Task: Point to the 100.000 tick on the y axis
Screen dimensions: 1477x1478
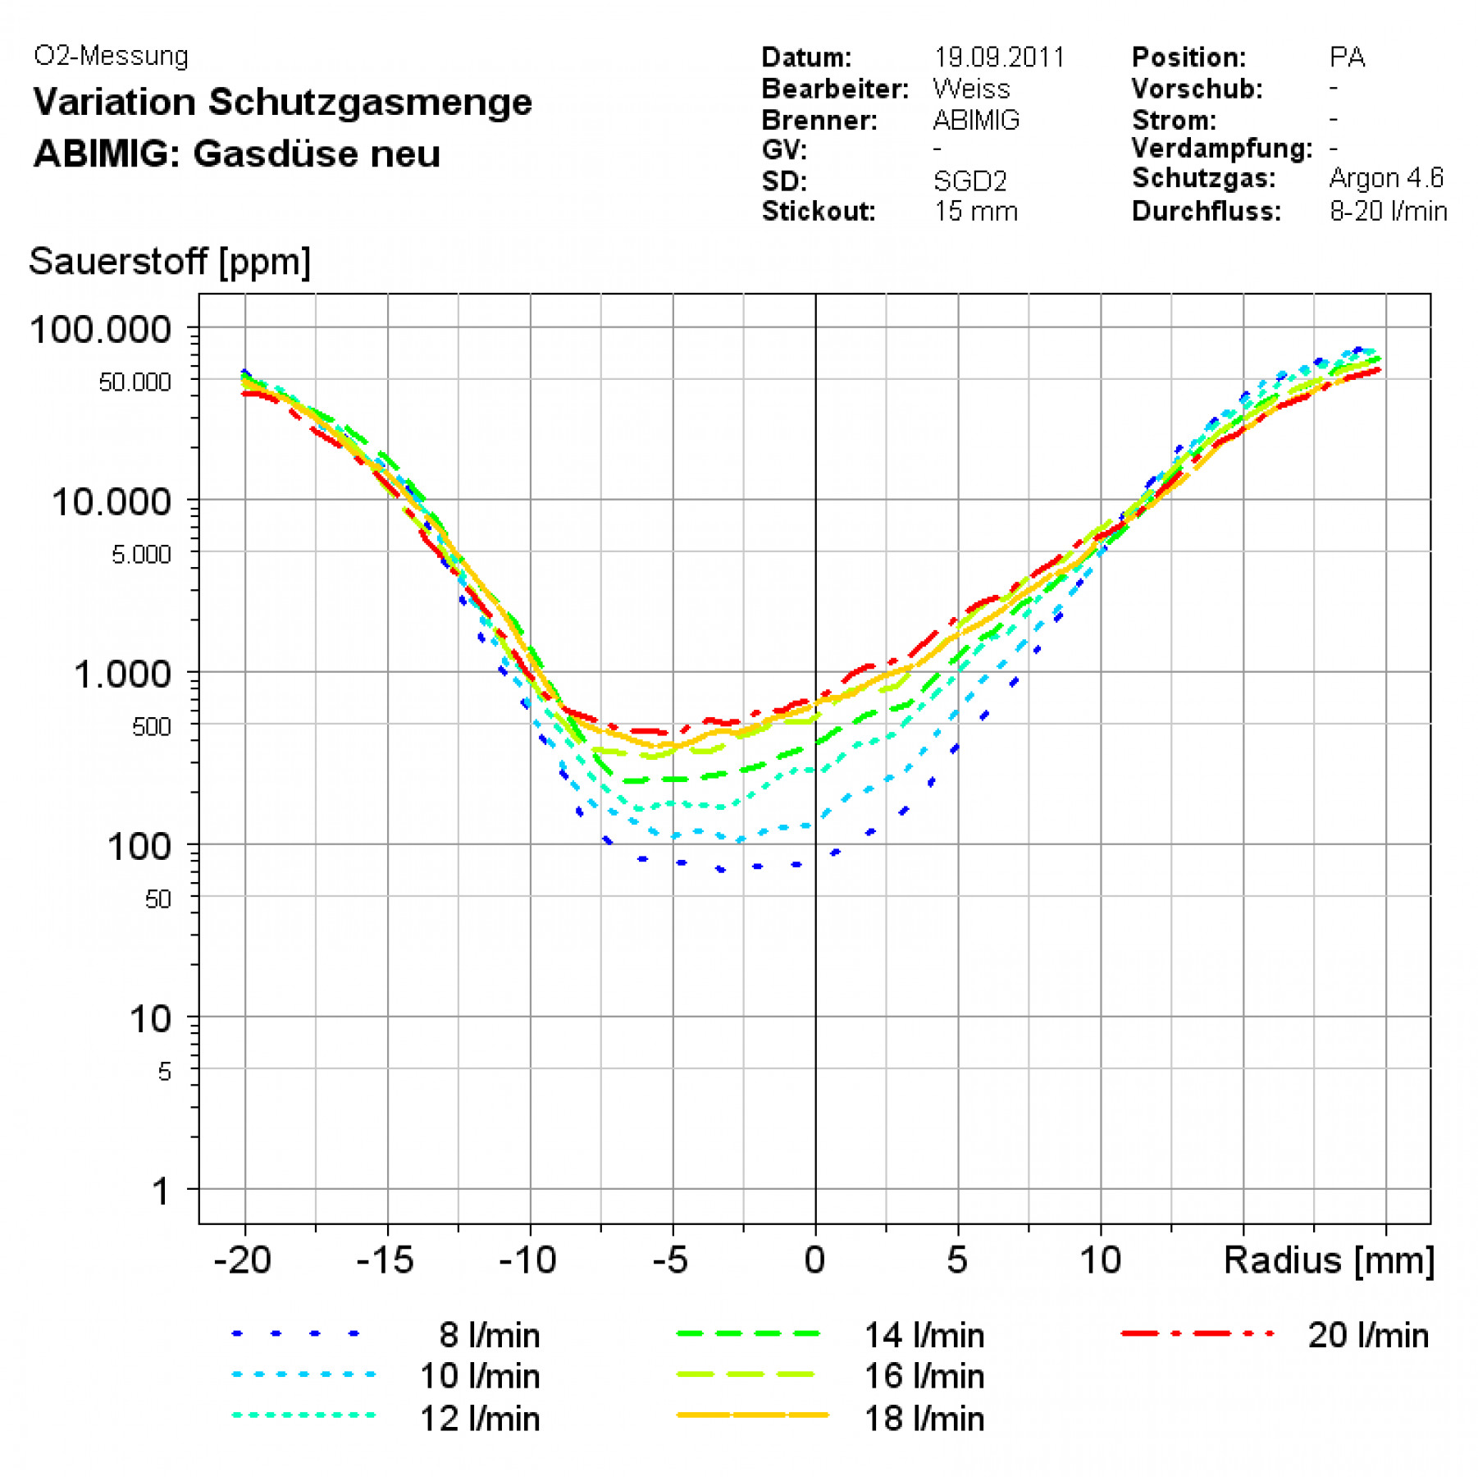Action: [100, 330]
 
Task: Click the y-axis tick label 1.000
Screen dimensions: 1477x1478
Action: [122, 674]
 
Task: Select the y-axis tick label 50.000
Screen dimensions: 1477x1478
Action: [135, 382]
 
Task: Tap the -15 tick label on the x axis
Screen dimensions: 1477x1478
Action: [385, 1260]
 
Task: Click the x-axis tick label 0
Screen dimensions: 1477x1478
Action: [814, 1260]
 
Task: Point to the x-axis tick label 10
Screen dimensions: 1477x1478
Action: [1099, 1260]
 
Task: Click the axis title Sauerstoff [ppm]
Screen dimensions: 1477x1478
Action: [170, 262]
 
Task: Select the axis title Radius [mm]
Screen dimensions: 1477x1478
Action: [1329, 1260]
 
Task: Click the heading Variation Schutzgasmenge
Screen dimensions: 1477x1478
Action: [283, 103]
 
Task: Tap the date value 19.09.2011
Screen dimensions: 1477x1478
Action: [999, 57]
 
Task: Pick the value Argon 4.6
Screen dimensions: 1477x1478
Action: [1386, 178]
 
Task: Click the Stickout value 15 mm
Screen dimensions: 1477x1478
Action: [975, 212]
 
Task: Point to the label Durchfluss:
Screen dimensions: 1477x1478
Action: [1206, 212]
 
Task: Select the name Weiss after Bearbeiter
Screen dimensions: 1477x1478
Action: [971, 89]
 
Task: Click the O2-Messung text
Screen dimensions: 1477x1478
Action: [111, 56]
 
